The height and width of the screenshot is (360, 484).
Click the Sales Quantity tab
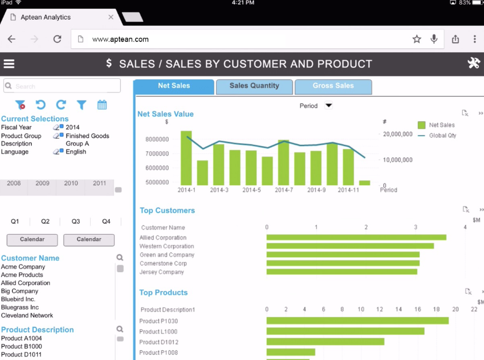(254, 86)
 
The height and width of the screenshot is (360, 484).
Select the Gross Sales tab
(333, 86)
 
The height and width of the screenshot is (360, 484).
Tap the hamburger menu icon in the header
(9, 64)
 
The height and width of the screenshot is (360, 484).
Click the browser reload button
(57, 39)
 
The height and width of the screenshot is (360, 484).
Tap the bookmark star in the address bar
(417, 39)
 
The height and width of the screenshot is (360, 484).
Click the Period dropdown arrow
(329, 106)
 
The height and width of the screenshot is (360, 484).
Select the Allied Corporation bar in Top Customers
(356, 238)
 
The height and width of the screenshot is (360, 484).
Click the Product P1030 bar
(357, 321)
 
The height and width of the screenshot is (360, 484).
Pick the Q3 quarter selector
(76, 221)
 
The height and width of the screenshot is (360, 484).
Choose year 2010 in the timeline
(71, 183)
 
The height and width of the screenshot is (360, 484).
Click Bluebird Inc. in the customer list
(18, 299)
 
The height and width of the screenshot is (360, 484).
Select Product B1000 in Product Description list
(21, 347)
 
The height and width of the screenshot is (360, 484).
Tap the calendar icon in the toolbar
(102, 105)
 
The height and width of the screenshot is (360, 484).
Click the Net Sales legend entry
(441, 125)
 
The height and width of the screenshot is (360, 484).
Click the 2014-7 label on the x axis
(284, 190)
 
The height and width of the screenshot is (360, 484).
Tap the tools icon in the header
(474, 63)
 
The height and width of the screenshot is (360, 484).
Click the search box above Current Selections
(62, 86)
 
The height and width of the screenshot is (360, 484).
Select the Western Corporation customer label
(166, 246)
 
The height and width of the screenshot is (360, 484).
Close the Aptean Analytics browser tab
(111, 17)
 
